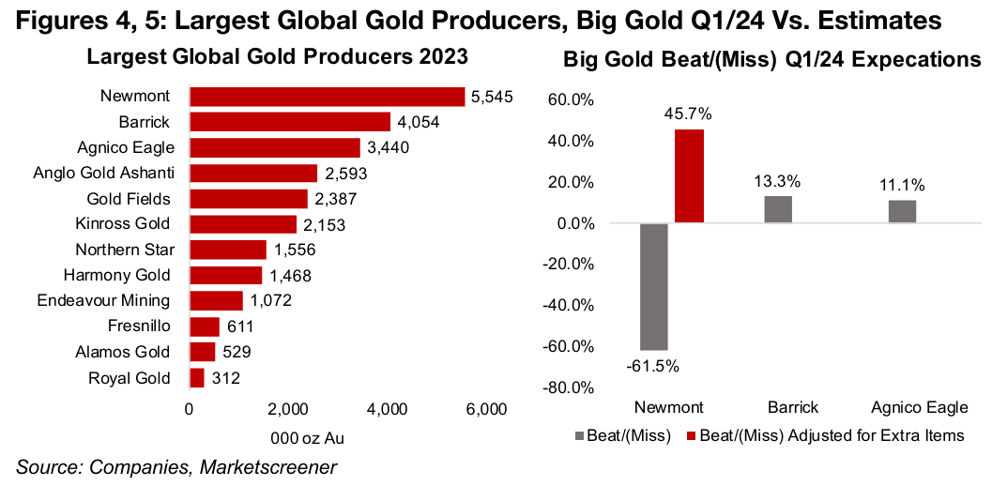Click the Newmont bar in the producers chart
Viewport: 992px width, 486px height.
(x=327, y=97)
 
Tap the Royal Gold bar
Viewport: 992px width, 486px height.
(x=197, y=378)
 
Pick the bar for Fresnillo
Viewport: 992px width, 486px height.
(x=205, y=327)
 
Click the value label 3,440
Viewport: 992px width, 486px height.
(x=387, y=147)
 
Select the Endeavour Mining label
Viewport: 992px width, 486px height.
(x=103, y=300)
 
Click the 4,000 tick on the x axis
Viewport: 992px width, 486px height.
(x=387, y=409)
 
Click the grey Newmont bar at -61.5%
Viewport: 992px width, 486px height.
(x=654, y=286)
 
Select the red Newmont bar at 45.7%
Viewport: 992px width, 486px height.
(x=689, y=176)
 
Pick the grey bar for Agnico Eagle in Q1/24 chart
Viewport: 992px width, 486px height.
(x=902, y=211)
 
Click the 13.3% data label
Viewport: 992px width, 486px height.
(x=778, y=180)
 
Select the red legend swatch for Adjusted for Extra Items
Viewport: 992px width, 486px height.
(x=693, y=436)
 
